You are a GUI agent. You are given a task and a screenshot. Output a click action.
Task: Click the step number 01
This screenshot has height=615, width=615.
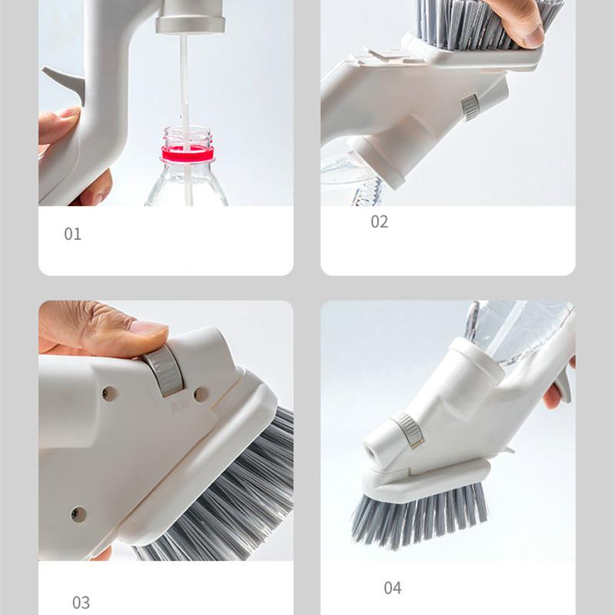tap(72, 234)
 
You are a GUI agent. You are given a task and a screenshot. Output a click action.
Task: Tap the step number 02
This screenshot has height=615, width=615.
tap(379, 222)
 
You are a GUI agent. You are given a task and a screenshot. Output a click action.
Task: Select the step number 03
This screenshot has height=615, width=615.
tap(81, 603)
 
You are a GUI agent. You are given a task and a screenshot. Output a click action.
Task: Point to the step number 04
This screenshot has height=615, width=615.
tap(393, 588)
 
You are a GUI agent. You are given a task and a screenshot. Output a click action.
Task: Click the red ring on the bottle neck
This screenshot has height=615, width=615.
tap(188, 153)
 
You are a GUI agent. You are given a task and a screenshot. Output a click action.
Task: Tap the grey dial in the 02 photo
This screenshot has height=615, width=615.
tap(470, 107)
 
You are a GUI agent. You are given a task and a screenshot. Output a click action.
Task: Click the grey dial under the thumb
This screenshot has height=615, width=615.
tap(164, 371)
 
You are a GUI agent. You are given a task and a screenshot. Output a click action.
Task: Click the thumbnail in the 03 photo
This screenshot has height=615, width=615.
tap(149, 327)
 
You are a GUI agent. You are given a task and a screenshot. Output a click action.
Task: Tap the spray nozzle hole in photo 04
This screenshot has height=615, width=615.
tap(371, 454)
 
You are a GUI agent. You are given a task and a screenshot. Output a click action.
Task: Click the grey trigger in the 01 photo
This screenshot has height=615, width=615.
tap(65, 82)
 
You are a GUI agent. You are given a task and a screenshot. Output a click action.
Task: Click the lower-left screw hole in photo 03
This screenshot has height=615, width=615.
tap(78, 514)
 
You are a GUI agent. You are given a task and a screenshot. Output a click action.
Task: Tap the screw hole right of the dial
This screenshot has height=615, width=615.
tap(201, 394)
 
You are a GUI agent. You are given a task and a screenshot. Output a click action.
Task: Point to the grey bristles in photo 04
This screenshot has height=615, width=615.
tap(420, 517)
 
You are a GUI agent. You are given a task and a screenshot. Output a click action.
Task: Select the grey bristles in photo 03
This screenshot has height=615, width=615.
tap(228, 490)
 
